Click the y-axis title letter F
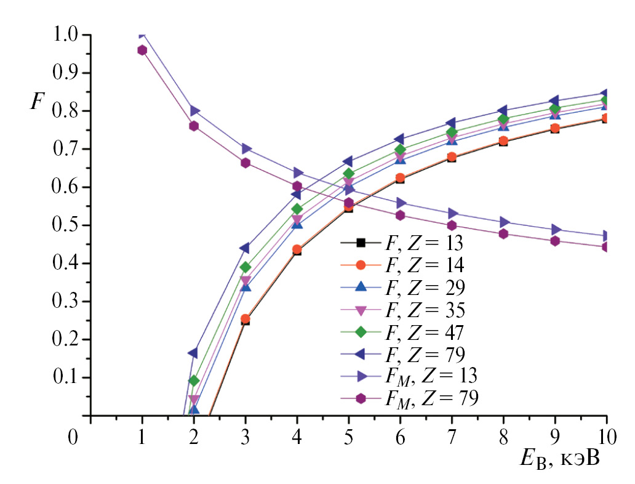[x=38, y=101]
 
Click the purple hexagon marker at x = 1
[x=142, y=50]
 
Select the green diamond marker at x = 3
[x=246, y=267]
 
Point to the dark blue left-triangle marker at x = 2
[x=193, y=353]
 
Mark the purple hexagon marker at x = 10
[x=607, y=247]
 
